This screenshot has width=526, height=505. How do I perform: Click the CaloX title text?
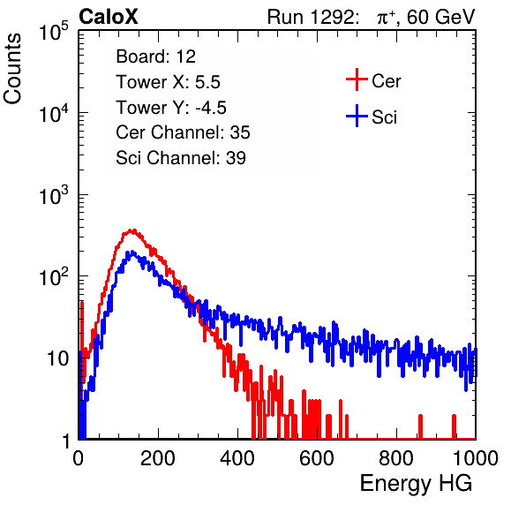point(109,17)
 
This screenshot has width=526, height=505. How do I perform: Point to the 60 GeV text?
point(440,17)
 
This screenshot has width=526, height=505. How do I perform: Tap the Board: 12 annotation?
point(155,57)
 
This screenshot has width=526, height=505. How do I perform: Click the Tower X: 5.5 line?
point(168,82)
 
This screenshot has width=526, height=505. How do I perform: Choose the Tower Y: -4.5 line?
point(171,108)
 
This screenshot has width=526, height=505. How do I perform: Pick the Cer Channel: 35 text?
point(183,132)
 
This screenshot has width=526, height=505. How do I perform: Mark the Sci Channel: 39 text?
point(181,158)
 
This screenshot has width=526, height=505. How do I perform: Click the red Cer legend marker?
point(357,79)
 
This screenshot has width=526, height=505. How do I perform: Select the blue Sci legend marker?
point(357,117)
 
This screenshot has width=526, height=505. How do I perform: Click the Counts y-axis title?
point(12,69)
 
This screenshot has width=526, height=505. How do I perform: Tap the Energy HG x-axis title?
point(416,483)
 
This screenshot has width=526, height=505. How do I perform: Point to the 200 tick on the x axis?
point(158,458)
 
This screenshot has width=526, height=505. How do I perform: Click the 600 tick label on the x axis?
point(317,458)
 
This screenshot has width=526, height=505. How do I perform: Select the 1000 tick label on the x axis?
point(476,458)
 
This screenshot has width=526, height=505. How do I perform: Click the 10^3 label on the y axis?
point(54,194)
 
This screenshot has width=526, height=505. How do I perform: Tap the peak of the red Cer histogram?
point(133,230)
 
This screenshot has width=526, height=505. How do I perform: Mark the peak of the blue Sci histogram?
point(131,252)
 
